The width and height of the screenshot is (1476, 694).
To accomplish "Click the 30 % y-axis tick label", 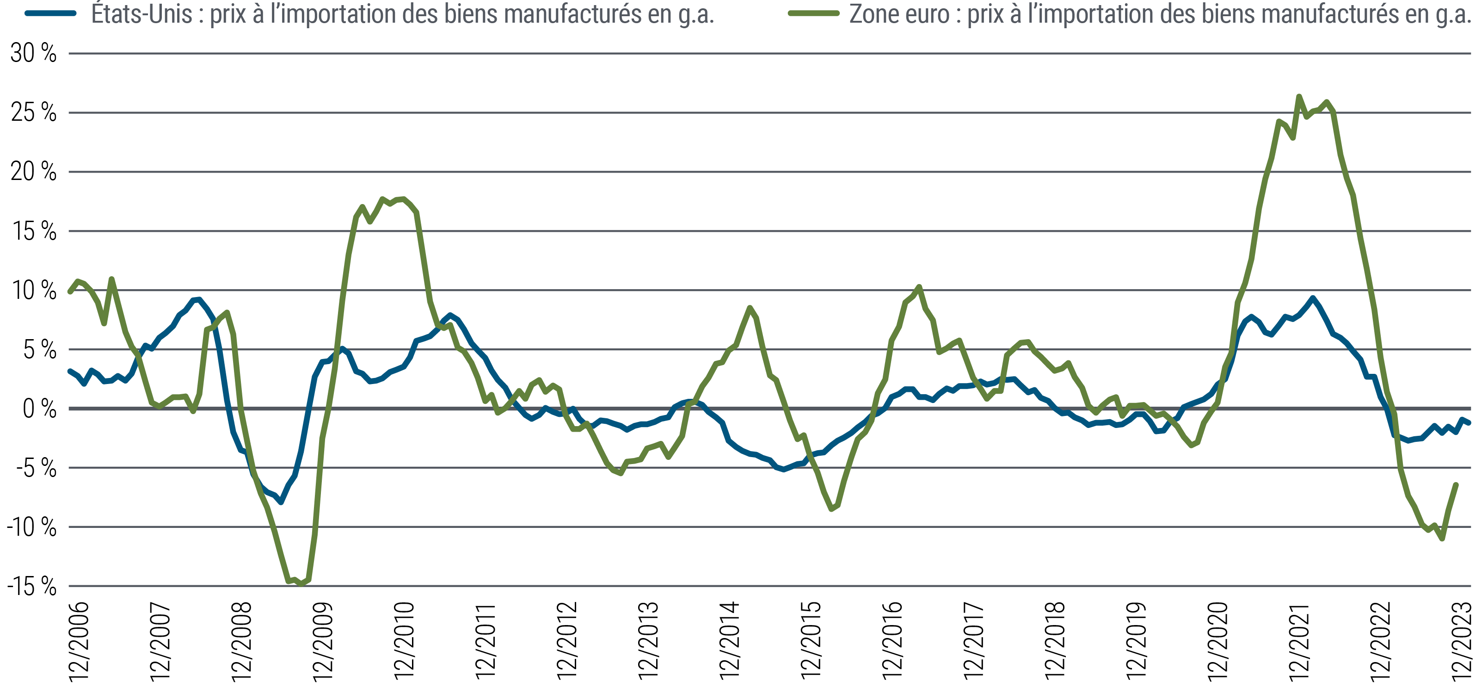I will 33,53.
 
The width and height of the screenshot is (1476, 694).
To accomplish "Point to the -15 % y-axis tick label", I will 32,586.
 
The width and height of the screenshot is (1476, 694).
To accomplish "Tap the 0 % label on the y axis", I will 39,409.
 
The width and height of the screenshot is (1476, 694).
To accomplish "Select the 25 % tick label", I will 33,113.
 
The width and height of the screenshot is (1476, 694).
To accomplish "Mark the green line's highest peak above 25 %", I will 1299,96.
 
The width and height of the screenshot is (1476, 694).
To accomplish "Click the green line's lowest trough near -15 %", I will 302,584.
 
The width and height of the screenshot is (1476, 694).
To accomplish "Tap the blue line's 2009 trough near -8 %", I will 281,502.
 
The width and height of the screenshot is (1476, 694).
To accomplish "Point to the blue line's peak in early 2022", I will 1313,298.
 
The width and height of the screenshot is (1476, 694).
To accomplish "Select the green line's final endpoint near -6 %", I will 1456,485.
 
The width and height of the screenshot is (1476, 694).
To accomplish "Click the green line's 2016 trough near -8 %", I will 832,509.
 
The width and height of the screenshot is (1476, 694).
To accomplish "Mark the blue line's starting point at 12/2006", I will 70,372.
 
